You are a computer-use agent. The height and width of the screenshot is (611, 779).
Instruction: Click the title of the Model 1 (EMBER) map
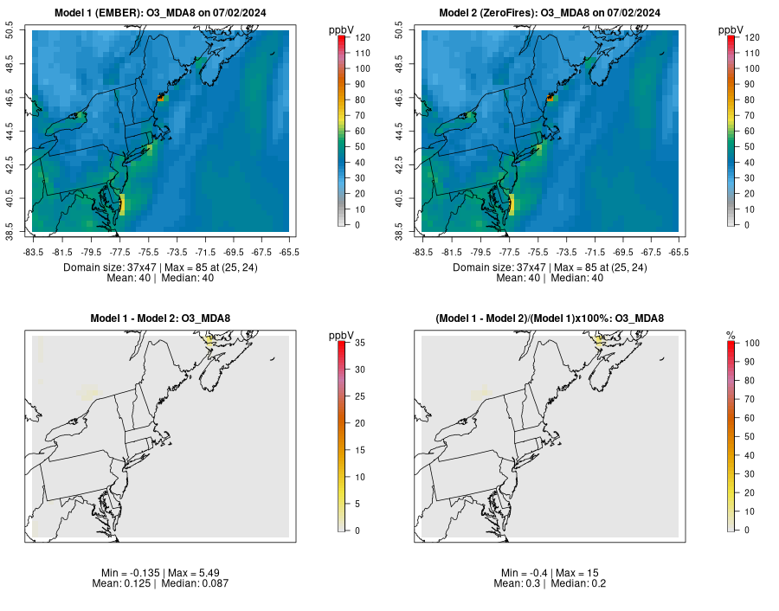(160, 12)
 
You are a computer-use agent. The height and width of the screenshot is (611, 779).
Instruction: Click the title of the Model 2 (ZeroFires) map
(550, 12)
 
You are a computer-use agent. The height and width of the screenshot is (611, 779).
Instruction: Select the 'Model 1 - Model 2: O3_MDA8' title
(160, 318)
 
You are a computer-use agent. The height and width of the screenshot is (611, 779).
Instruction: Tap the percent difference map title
(550, 318)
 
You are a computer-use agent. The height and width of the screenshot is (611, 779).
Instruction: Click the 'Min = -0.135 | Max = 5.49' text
(160, 573)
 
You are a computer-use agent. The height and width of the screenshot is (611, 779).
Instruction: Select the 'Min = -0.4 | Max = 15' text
(550, 573)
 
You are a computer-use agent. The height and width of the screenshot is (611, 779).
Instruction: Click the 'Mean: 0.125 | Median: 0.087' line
(160, 583)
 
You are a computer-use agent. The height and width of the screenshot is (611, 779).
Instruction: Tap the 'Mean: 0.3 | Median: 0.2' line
(550, 583)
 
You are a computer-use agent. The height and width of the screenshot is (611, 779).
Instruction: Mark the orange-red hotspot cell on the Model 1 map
(160, 100)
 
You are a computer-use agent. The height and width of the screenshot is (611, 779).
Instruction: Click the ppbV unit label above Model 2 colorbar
(731, 30)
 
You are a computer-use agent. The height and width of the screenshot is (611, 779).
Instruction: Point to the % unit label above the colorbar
(731, 336)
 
